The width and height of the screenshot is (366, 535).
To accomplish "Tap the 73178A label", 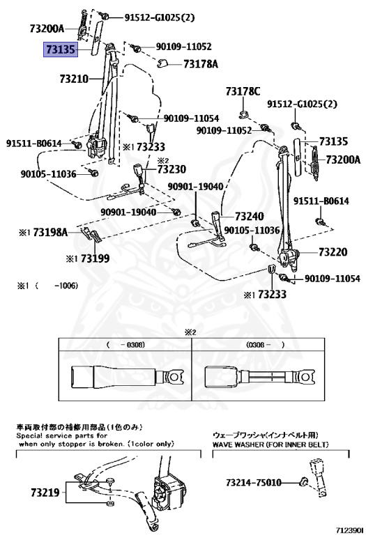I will pyautogui.click(x=201, y=64).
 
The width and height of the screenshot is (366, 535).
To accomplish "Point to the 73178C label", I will pyautogui.click(x=243, y=92).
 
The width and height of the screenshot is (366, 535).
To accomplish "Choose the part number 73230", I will pyautogui.click(x=171, y=169).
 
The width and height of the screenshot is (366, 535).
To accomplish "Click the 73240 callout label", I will pyautogui.click(x=249, y=217).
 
